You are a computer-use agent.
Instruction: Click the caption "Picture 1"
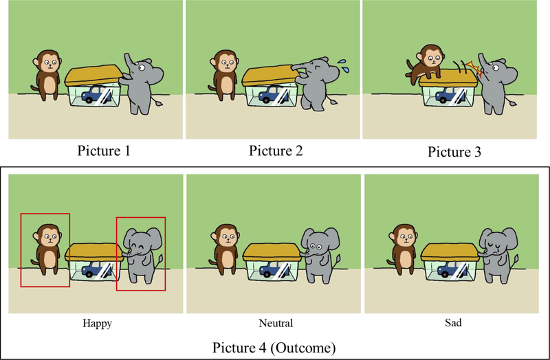pyautogui.click(x=104, y=150)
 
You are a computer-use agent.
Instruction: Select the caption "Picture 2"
pyautogui.click(x=276, y=150)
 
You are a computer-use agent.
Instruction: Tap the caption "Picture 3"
pyautogui.click(x=454, y=152)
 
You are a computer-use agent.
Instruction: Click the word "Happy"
pyautogui.click(x=97, y=323)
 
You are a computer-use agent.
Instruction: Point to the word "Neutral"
pyautogui.click(x=276, y=323)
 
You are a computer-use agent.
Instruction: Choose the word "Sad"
pyautogui.click(x=453, y=322)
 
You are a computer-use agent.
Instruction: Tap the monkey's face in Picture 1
pyautogui.click(x=50, y=64)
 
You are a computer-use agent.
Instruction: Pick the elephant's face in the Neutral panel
pyautogui.click(x=315, y=248)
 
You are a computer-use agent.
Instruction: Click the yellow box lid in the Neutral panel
pyautogui.click(x=271, y=252)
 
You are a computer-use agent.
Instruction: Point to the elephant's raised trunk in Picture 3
pyautogui.click(x=483, y=64)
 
